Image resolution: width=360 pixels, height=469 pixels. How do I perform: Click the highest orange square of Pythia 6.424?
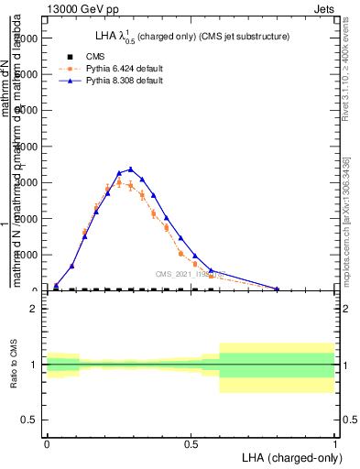(x=119, y=182)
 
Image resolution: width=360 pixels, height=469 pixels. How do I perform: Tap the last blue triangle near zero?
(x=277, y=289)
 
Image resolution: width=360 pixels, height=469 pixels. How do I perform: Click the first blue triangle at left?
(x=56, y=285)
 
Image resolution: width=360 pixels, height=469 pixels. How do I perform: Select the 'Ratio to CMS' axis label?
(x=14, y=365)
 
